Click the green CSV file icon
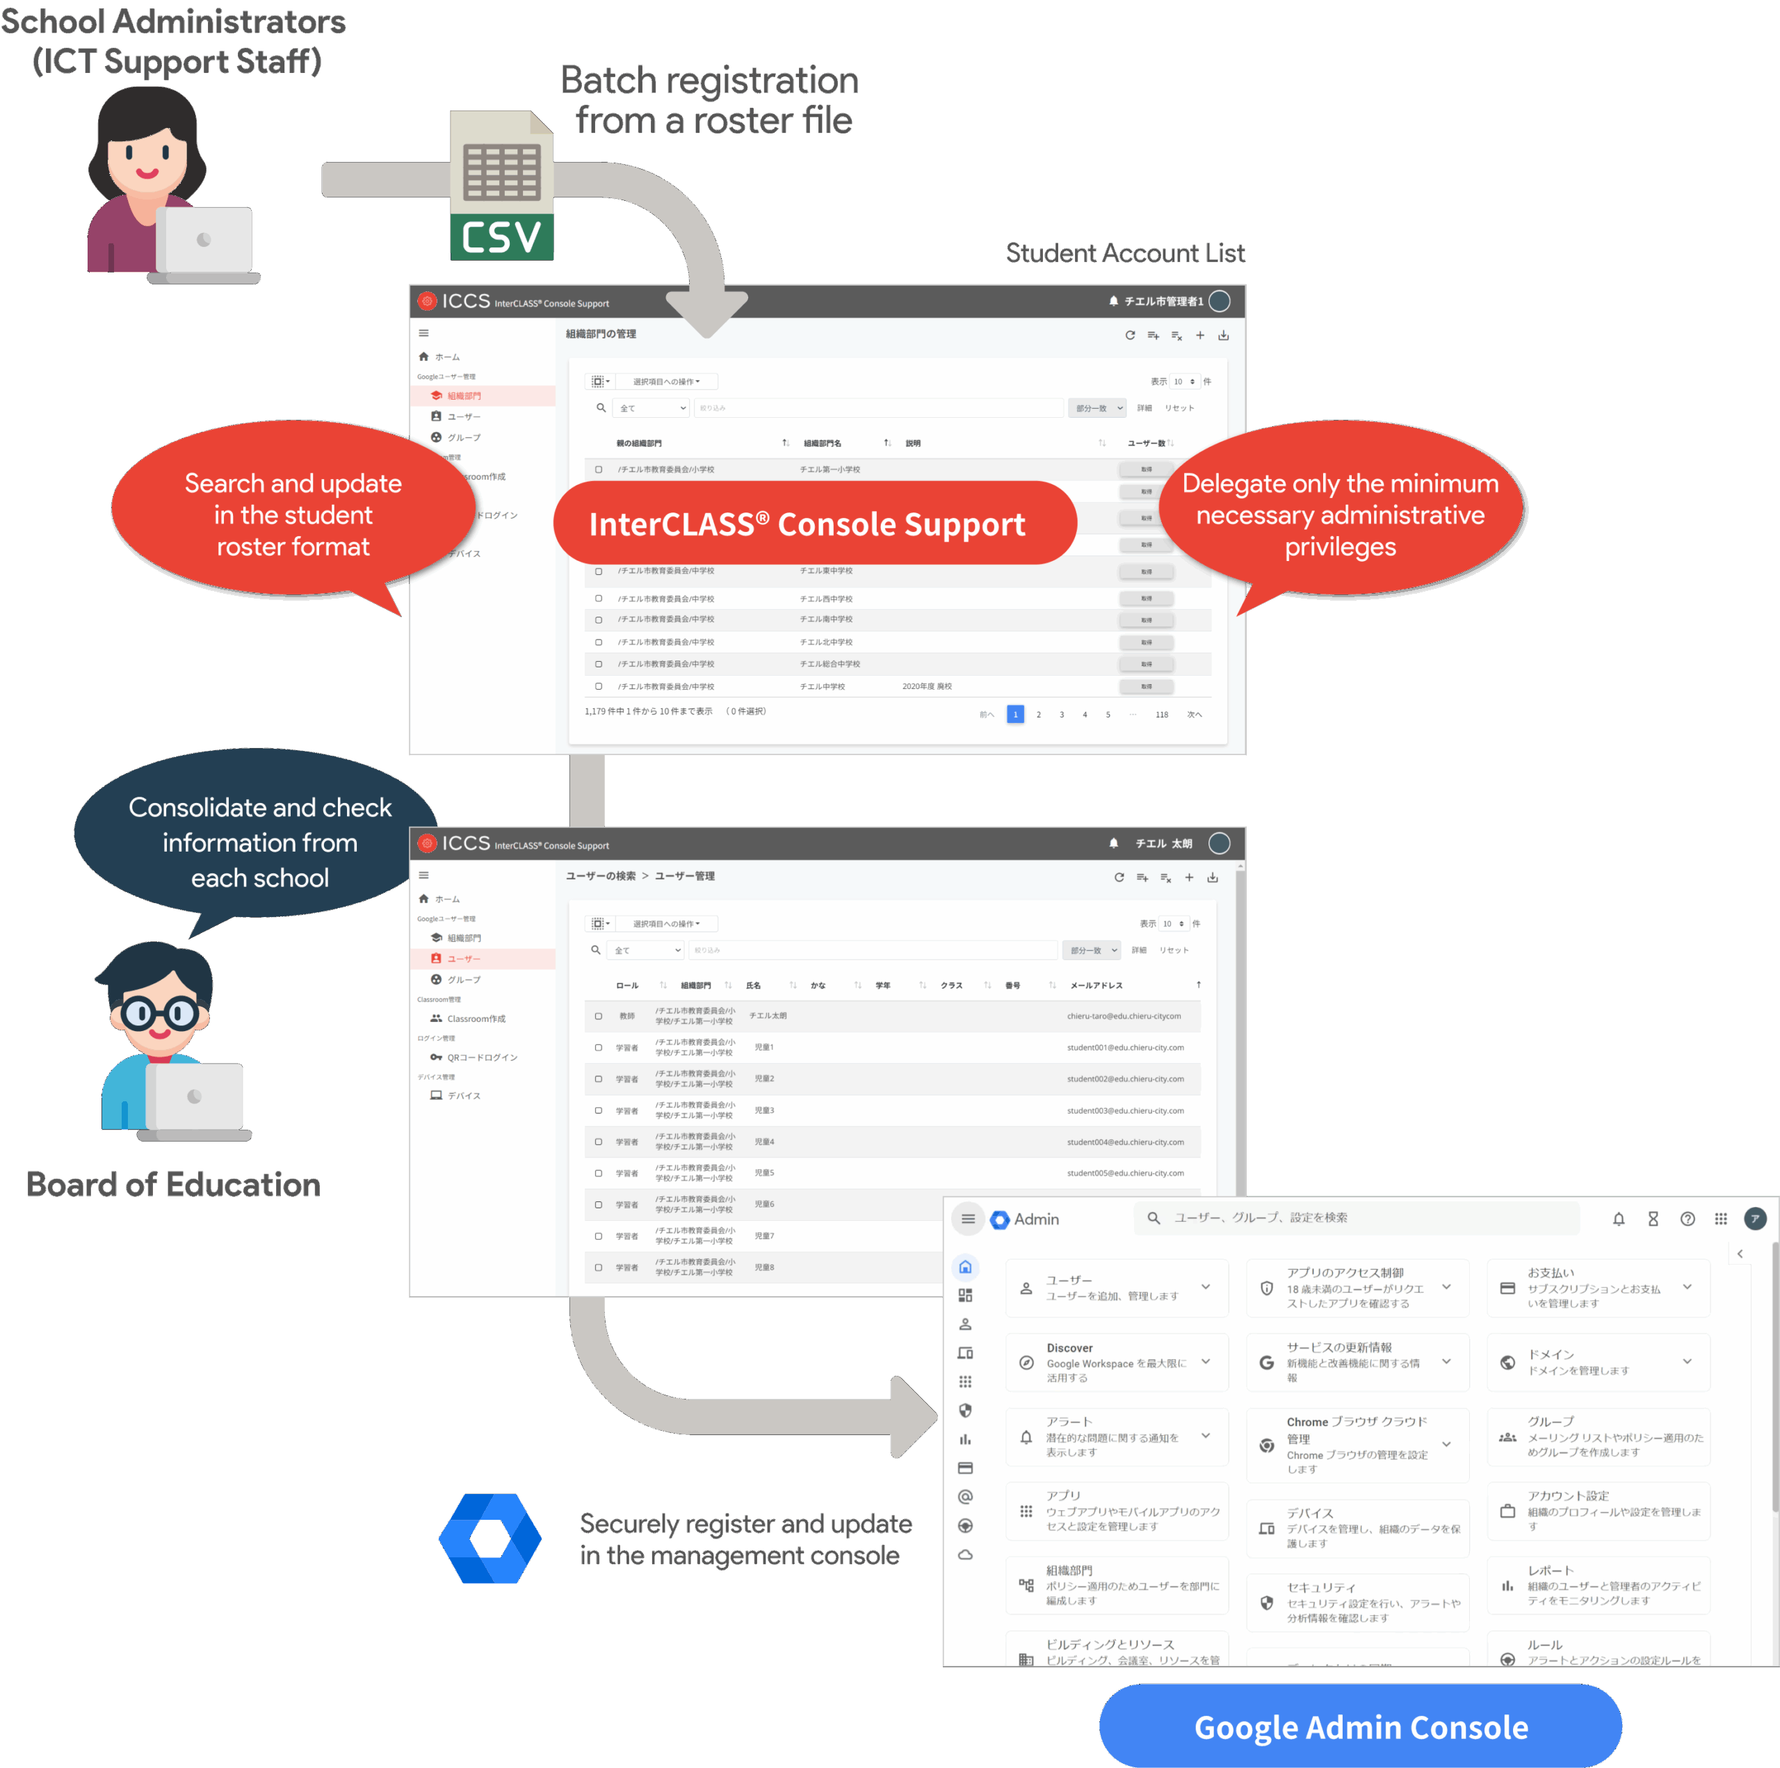[501, 185]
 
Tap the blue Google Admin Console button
[1360, 1726]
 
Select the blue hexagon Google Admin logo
[490, 1538]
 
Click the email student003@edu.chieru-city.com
[1124, 1110]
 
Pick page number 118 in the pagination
[1161, 714]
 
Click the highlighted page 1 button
[1014, 714]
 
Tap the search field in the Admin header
[1354, 1217]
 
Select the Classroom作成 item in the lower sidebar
[476, 1018]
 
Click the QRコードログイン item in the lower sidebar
[481, 1057]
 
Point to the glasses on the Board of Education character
[159, 1014]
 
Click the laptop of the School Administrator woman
[204, 241]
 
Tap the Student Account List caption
[1124, 252]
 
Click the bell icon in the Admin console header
[1618, 1219]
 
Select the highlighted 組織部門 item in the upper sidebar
[464, 395]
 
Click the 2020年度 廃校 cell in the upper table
[926, 686]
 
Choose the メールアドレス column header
[1095, 985]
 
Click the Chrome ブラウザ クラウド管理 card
[1356, 1444]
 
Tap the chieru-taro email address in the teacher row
[1123, 1015]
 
